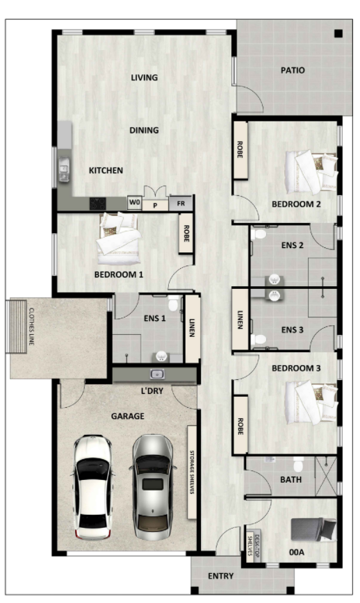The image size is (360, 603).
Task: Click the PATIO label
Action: (x=293, y=70)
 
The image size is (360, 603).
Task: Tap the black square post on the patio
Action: (x=338, y=34)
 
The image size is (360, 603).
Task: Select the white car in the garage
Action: (x=93, y=487)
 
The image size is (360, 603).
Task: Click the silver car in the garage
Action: (x=153, y=488)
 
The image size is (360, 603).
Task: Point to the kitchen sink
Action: (x=64, y=170)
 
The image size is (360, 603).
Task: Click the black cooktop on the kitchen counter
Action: (x=98, y=204)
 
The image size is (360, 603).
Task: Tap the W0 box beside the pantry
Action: (x=135, y=202)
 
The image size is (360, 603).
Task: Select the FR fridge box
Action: (x=181, y=204)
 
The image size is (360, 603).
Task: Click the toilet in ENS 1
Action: (x=174, y=303)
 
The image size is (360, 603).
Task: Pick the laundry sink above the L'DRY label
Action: (x=157, y=374)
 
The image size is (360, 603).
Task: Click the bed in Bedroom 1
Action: (x=118, y=238)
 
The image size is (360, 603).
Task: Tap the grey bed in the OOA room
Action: (x=313, y=529)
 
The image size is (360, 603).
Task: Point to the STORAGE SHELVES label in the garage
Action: (x=192, y=472)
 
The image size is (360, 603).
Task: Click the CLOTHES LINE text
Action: (x=31, y=327)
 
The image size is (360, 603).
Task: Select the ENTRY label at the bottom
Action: (x=221, y=576)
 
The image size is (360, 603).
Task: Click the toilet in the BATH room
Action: (x=298, y=464)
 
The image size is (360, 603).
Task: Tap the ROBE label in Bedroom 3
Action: (x=240, y=426)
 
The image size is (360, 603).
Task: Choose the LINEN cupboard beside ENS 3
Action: (x=240, y=319)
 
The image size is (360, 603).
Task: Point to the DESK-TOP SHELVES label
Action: (x=254, y=545)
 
